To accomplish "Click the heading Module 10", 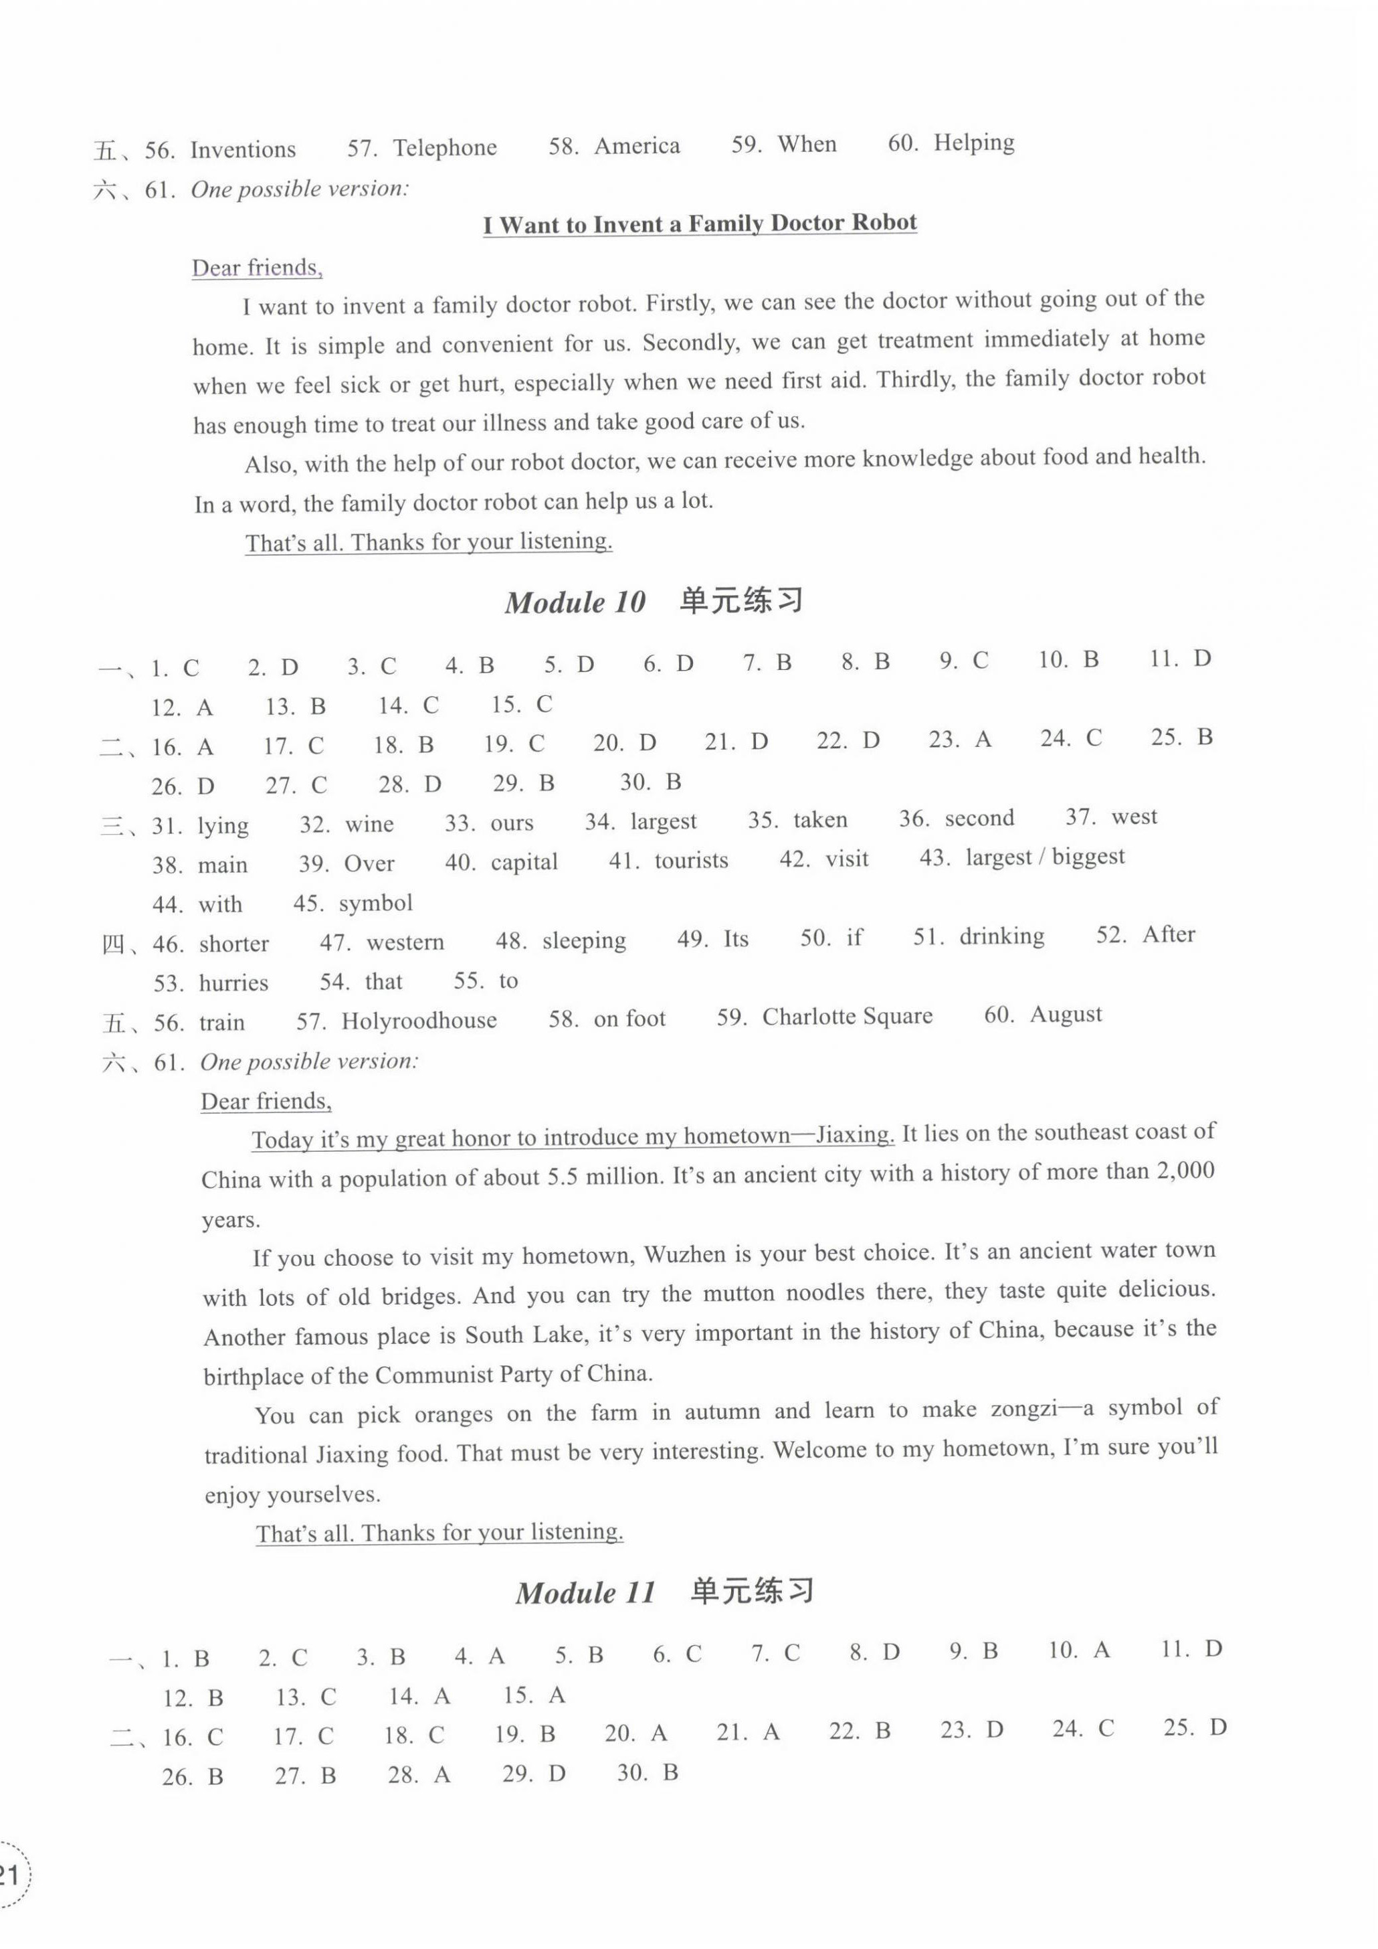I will pos(575,602).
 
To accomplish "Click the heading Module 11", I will pos(585,1592).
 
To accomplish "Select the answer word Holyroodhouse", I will pos(419,1020).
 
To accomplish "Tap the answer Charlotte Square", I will pos(847,1017).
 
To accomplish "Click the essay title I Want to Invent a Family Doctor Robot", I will pos(700,224).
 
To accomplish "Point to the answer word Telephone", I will pos(445,149).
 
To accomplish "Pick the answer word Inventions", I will pos(243,150).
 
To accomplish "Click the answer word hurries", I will pos(233,983).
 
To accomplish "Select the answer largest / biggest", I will pos(1046,857).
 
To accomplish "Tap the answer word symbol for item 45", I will pos(376,903).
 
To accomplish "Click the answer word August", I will pos(1066,1015).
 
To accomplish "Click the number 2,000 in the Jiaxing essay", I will pos(1185,1171).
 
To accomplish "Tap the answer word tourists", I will pos(691,861).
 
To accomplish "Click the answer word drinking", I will pos(1001,936).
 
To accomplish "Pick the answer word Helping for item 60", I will pos(974,143).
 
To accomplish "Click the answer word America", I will pos(636,146).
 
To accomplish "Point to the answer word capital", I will pos(524,863).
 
